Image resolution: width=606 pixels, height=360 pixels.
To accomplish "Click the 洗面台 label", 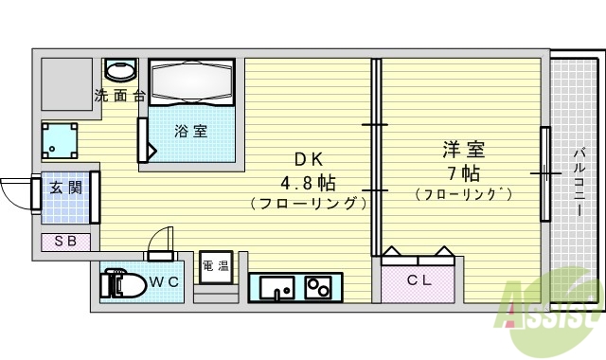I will (x=120, y=96).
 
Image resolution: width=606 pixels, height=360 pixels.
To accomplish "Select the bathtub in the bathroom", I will (x=192, y=81).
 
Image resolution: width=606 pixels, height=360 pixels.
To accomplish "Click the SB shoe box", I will (x=65, y=241).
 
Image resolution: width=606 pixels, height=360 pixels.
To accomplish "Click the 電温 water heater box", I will (x=216, y=266).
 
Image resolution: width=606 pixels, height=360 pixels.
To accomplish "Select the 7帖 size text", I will (x=462, y=173).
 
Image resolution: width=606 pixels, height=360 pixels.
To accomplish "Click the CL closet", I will (x=419, y=279).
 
